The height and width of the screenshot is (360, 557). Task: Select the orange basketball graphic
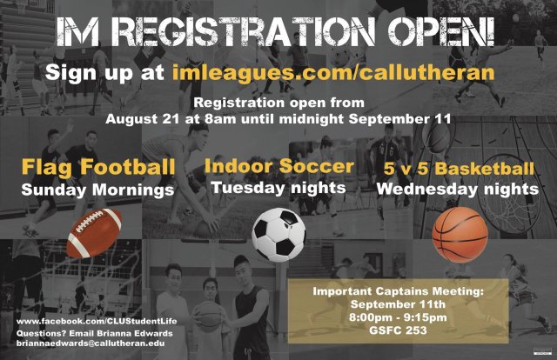460,233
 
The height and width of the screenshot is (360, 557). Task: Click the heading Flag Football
98,165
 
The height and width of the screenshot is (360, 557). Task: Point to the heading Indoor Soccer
279,165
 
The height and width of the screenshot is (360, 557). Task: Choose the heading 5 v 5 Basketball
460,168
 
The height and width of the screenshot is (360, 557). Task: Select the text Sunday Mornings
98,189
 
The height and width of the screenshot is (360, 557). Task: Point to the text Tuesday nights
278,188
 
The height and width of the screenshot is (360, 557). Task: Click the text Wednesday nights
460,189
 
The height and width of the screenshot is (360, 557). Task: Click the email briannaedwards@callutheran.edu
90,344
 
